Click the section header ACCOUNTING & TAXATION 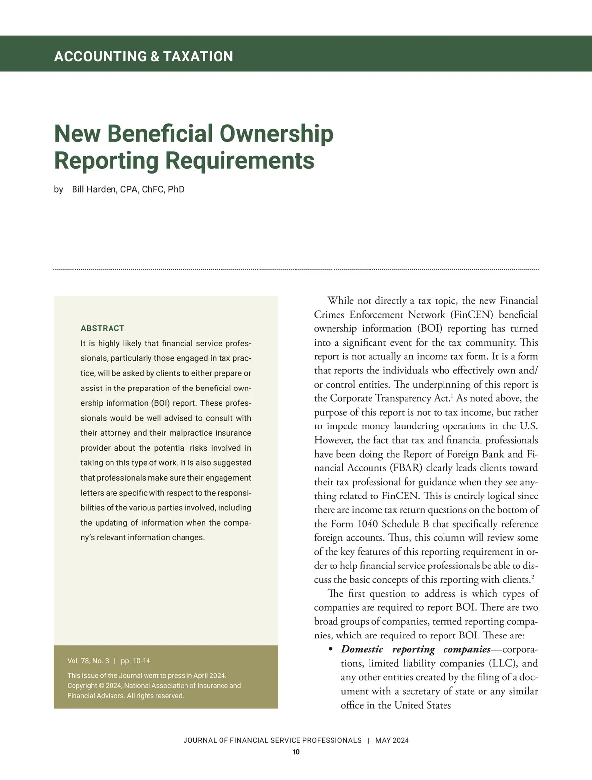(x=144, y=56)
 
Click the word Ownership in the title (x=276, y=134)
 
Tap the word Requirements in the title (x=239, y=161)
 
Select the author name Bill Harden (x=94, y=189)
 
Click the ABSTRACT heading (x=103, y=328)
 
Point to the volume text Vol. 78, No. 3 (x=88, y=661)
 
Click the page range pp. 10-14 (x=136, y=661)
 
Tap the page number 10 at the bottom (x=296, y=752)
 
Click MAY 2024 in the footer (x=392, y=740)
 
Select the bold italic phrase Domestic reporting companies (x=415, y=649)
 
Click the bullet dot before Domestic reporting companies (x=330, y=649)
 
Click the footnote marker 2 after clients (x=533, y=577)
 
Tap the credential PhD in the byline (x=176, y=189)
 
